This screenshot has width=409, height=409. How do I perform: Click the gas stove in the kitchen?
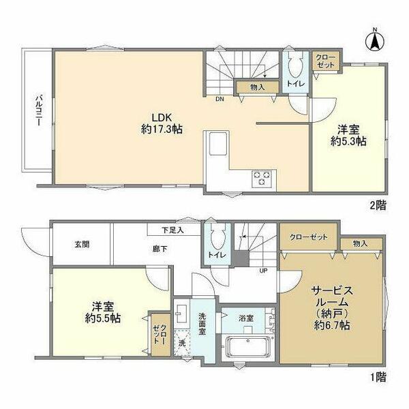262,179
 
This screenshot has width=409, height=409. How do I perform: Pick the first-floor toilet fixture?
216,241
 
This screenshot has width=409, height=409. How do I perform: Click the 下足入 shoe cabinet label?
172,230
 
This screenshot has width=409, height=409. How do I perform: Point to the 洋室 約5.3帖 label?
348,135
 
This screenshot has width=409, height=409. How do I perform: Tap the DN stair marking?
219,99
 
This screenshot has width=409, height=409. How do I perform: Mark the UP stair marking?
262,270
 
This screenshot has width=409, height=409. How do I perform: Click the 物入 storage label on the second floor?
257,87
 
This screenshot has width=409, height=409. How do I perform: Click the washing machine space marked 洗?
181,344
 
